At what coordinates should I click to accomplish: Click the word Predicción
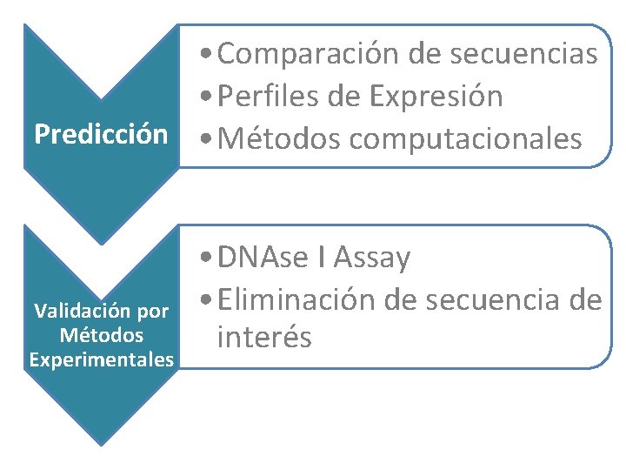(100, 135)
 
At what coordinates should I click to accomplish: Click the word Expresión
(436, 97)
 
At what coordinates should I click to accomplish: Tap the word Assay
(371, 258)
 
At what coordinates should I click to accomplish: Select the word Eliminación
(296, 299)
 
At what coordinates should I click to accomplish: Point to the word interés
(264, 337)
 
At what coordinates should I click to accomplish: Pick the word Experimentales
(101, 359)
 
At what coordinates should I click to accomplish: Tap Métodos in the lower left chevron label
(102, 334)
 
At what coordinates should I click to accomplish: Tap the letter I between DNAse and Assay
(322, 258)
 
